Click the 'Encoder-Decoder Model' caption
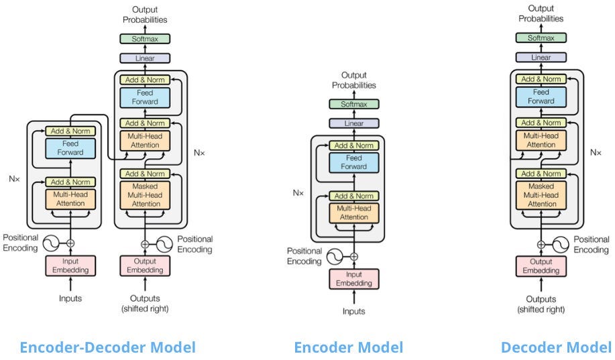click(x=107, y=347)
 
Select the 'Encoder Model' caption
click(x=348, y=347)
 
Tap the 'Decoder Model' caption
click(x=556, y=347)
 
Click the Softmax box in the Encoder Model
click(x=353, y=104)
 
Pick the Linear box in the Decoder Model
click(x=541, y=58)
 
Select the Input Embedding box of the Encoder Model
click(x=353, y=279)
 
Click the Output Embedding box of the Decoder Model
click(x=541, y=266)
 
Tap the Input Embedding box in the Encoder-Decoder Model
click(x=70, y=265)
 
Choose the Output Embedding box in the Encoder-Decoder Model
click(x=145, y=265)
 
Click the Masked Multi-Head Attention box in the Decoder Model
click(x=541, y=194)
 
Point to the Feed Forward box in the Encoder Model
click(x=353, y=162)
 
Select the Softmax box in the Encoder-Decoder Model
click(x=145, y=39)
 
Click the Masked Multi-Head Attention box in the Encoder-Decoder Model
click(x=145, y=194)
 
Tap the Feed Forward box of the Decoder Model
click(x=541, y=97)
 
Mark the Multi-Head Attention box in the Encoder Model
click(x=353, y=213)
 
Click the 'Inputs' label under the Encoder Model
click(x=353, y=311)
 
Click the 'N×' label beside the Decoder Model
click(x=596, y=152)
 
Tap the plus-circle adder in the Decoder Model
click(x=541, y=244)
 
